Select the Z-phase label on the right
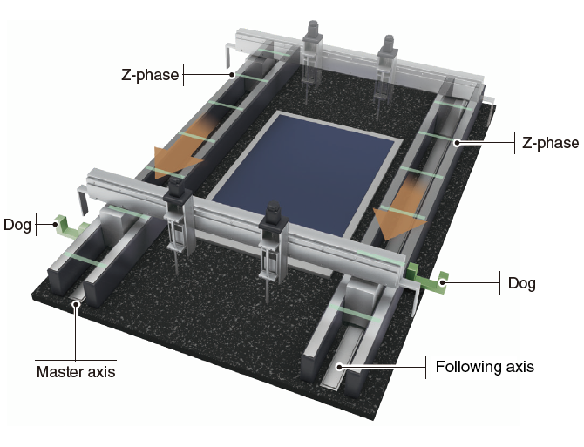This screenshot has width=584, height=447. (x=549, y=142)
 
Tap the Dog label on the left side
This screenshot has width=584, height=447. (x=17, y=224)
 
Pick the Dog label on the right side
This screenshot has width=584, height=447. (x=523, y=283)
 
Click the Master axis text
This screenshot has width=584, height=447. (x=75, y=372)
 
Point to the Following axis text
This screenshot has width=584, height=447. (x=485, y=367)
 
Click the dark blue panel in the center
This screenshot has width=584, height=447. (x=296, y=170)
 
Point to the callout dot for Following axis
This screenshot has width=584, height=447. (x=341, y=367)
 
